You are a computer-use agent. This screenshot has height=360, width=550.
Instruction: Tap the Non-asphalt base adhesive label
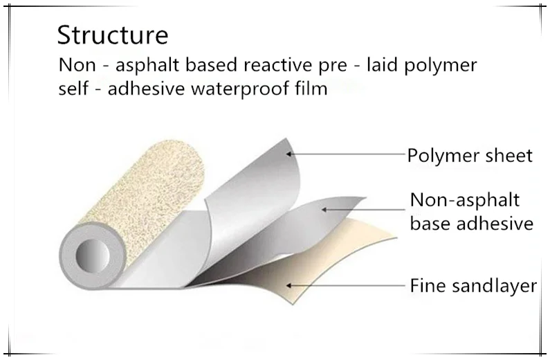(x=471, y=212)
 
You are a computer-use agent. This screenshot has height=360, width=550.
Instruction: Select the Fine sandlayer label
(x=473, y=285)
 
